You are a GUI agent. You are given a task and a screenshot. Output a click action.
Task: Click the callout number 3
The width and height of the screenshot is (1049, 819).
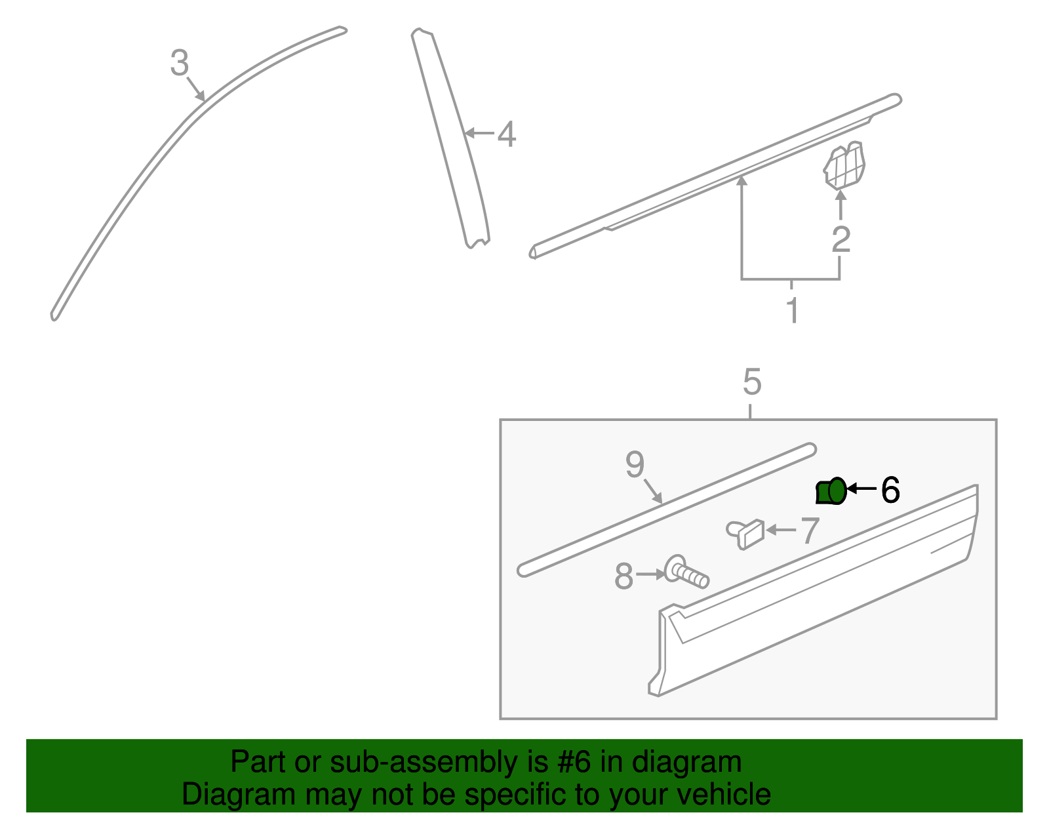click(x=179, y=64)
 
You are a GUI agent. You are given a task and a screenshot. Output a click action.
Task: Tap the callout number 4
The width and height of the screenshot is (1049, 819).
click(x=506, y=134)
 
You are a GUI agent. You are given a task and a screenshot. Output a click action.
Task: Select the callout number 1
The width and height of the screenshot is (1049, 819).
click(x=792, y=311)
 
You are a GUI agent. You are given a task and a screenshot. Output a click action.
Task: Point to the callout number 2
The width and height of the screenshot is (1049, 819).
click(x=841, y=239)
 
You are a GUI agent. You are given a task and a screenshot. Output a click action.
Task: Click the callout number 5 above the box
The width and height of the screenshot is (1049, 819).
click(x=752, y=382)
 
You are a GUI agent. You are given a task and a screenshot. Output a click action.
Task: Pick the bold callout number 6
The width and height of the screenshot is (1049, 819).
click(x=890, y=490)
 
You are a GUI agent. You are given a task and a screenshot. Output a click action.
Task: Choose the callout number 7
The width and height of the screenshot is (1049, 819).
click(x=810, y=530)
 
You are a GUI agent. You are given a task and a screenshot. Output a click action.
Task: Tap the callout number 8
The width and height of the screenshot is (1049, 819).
click(x=623, y=577)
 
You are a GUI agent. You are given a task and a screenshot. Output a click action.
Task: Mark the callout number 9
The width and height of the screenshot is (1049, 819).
click(x=635, y=464)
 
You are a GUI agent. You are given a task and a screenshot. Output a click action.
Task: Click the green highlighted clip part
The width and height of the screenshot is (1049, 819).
click(x=831, y=492)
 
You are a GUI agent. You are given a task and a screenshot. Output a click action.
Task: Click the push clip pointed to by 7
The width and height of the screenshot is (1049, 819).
click(x=746, y=533)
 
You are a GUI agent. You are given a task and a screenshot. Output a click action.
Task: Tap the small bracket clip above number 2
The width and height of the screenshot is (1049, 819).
click(x=844, y=165)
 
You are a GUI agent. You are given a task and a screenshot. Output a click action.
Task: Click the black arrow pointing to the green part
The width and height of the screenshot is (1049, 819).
click(x=861, y=489)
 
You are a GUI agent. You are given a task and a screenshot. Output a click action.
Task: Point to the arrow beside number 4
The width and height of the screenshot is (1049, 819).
click(x=478, y=133)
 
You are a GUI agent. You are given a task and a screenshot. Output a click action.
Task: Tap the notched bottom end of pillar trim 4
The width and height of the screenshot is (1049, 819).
click(x=477, y=243)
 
